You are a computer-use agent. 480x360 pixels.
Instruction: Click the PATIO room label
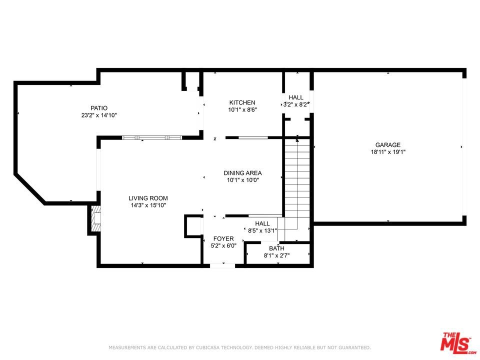[x=99, y=108]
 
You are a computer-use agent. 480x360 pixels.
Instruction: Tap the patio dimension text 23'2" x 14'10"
[x=99, y=115]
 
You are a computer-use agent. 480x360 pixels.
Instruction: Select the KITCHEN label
[x=242, y=102]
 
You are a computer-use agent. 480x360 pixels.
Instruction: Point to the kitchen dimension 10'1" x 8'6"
[x=242, y=109]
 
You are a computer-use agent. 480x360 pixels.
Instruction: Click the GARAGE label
[x=388, y=145]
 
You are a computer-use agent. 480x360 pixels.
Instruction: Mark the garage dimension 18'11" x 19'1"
[x=388, y=152]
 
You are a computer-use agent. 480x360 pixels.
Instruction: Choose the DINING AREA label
[x=242, y=173]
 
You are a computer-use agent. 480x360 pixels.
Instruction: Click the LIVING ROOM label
[x=148, y=198]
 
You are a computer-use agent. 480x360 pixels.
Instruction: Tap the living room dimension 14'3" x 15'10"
[x=148, y=205]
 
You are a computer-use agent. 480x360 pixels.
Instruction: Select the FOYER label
[x=223, y=238]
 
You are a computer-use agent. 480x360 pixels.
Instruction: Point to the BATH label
[x=276, y=248]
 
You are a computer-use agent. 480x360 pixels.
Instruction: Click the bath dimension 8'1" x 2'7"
[x=276, y=255]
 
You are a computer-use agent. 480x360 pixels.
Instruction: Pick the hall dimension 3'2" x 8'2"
[x=296, y=104]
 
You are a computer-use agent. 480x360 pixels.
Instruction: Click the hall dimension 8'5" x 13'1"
[x=262, y=231]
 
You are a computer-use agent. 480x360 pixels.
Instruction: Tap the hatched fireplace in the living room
[x=96, y=218]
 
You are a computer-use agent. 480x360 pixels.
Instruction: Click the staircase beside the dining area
[x=297, y=183]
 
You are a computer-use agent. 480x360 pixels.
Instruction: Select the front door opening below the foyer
[x=222, y=265]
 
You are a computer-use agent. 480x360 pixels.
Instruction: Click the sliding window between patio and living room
[x=152, y=138]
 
